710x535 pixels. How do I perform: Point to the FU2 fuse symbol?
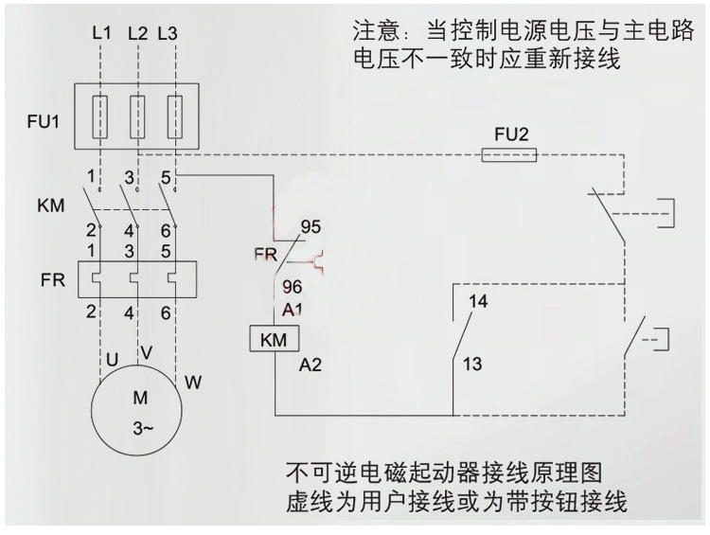coord(510,154)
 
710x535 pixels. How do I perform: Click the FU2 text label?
coord(510,133)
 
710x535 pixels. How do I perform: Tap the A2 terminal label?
coord(311,364)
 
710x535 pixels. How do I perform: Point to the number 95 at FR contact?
coord(311,227)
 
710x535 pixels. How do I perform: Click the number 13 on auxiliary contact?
coord(473,364)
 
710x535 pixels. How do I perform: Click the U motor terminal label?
coord(112,360)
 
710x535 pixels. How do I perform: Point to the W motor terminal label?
coord(192,383)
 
